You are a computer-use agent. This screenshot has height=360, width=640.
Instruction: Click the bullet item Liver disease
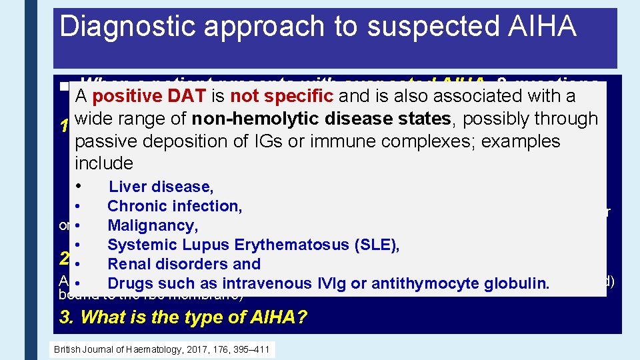click(x=161, y=187)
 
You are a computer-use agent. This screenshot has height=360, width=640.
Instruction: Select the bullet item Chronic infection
click(x=174, y=206)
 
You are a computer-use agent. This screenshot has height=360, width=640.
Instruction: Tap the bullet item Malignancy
click(x=153, y=225)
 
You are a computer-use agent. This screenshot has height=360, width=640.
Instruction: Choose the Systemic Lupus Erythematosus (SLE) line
click(x=253, y=245)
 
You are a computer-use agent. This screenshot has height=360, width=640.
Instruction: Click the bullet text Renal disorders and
click(x=184, y=264)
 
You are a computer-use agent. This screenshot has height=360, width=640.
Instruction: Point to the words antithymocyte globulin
click(x=460, y=283)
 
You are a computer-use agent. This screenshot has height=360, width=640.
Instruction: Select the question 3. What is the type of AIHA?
click(x=183, y=317)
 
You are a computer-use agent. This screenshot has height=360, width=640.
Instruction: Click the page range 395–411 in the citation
click(x=251, y=350)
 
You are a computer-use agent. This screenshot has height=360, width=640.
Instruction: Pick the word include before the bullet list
click(x=104, y=163)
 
